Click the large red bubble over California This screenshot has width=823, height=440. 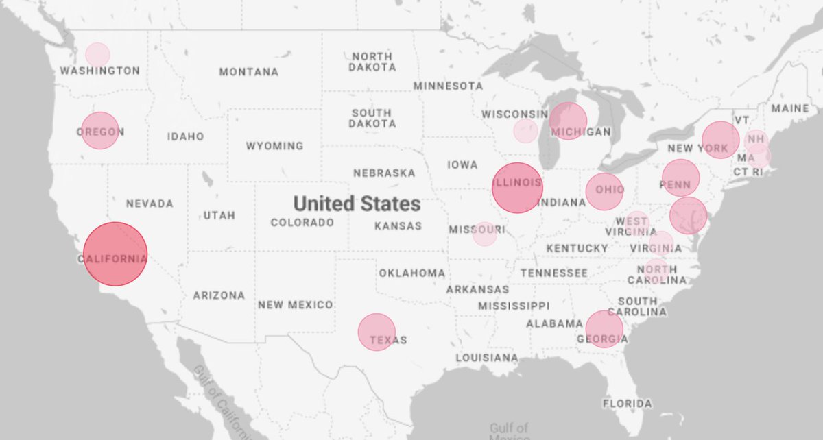(x=115, y=254)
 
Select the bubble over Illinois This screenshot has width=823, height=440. (x=517, y=187)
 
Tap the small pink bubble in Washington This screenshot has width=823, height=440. (x=97, y=54)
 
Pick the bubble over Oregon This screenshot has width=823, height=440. (x=100, y=130)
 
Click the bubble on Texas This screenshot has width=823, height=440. (x=377, y=332)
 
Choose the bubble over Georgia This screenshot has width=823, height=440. (x=604, y=329)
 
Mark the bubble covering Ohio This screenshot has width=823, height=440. (x=605, y=191)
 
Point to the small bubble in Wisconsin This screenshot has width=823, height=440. (x=526, y=130)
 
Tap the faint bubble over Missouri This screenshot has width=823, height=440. (x=484, y=234)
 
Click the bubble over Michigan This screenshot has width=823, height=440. (x=568, y=121)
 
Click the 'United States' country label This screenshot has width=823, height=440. (x=357, y=204)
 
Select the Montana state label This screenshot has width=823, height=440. (x=249, y=72)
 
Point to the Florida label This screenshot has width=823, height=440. (x=628, y=404)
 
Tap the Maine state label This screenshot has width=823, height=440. (x=790, y=108)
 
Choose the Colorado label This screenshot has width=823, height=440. (x=302, y=223)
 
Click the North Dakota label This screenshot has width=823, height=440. (x=372, y=62)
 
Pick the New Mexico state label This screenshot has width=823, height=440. (x=296, y=305)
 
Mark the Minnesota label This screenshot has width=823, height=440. (x=448, y=86)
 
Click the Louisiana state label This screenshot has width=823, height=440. (x=487, y=358)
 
